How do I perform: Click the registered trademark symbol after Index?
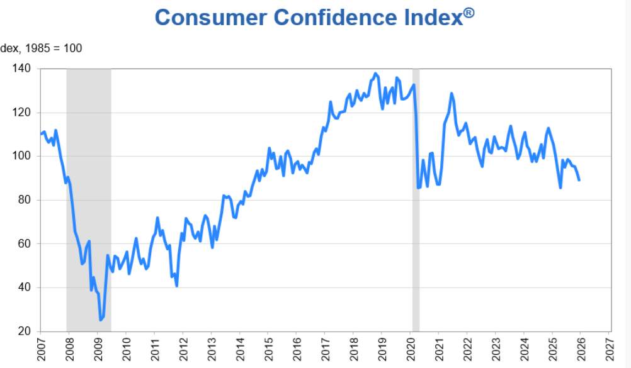(469, 13)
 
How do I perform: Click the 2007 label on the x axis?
(42, 349)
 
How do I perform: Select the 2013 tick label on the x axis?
(212, 349)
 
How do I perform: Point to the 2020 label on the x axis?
(411, 349)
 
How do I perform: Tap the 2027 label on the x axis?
(609, 349)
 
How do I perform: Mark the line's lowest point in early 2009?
(100, 320)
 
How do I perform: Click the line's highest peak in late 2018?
(376, 74)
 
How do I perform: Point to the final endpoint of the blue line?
(579, 181)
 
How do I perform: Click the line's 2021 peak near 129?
(452, 94)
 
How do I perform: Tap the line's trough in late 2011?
(177, 286)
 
